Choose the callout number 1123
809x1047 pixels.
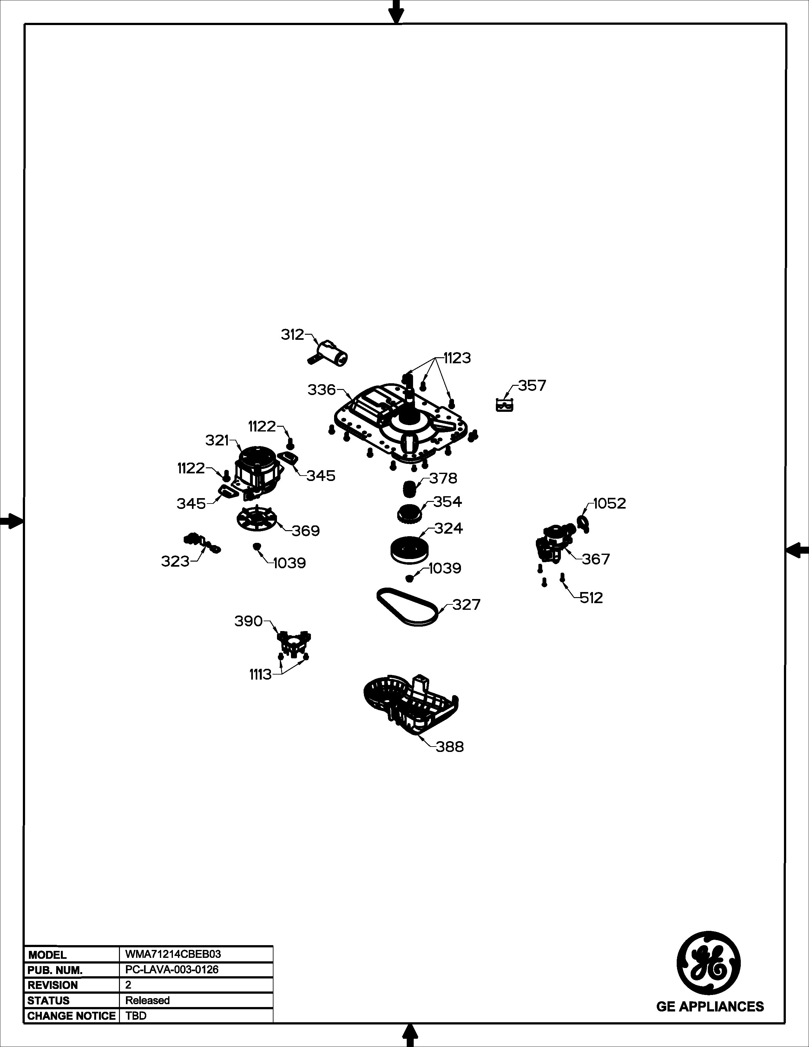tap(457, 358)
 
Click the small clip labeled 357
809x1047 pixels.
tap(504, 405)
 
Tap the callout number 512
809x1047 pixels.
tap(591, 598)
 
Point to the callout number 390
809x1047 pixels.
tap(248, 621)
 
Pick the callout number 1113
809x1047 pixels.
tap(260, 675)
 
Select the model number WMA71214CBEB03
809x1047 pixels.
tap(173, 954)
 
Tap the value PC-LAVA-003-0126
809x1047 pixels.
tap(172, 969)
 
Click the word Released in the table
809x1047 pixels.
tap(148, 1000)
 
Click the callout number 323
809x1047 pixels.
tap(175, 561)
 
